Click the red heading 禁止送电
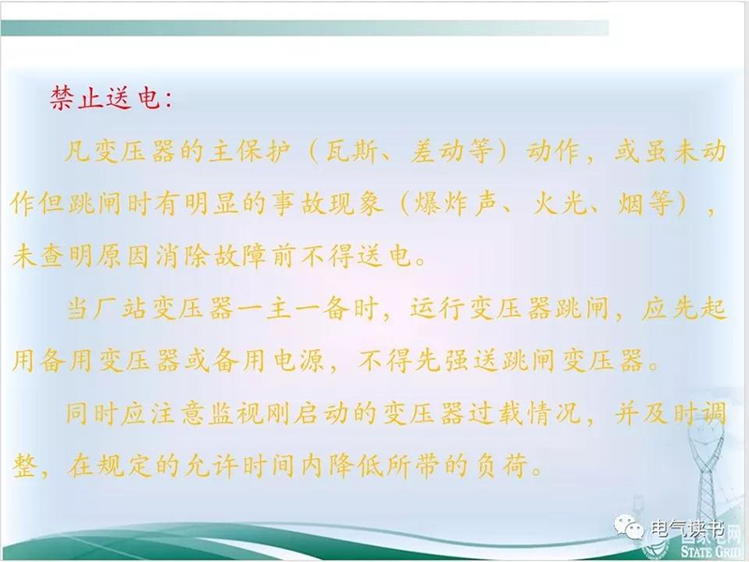pos(104,99)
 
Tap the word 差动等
pos(450,152)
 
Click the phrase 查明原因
pos(95,257)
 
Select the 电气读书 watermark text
pos(687,528)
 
